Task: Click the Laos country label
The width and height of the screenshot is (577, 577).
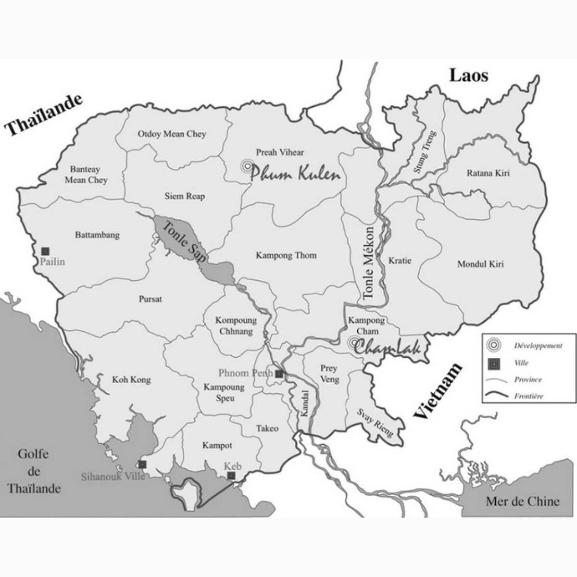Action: pyautogui.click(x=468, y=76)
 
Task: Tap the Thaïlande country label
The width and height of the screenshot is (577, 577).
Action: pyautogui.click(x=44, y=114)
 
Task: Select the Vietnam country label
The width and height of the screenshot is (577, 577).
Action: pyautogui.click(x=438, y=391)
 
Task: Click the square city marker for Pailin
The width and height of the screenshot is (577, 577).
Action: pyautogui.click(x=45, y=251)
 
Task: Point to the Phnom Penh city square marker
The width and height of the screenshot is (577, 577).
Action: pyautogui.click(x=279, y=373)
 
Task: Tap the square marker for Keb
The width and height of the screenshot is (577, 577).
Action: pyautogui.click(x=231, y=476)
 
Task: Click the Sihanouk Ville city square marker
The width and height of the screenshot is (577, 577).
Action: pyautogui.click(x=142, y=464)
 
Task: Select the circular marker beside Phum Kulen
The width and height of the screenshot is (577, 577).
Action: pyautogui.click(x=247, y=166)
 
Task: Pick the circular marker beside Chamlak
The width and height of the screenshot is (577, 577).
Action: pyautogui.click(x=354, y=343)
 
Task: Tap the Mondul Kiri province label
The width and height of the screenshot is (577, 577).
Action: pyautogui.click(x=480, y=264)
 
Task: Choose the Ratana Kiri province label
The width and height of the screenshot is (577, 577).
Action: pyautogui.click(x=488, y=173)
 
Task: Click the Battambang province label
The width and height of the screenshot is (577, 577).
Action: pyautogui.click(x=97, y=235)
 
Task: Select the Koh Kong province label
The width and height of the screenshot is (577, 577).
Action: pyautogui.click(x=131, y=380)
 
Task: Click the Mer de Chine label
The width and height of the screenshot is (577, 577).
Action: pyautogui.click(x=522, y=502)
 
